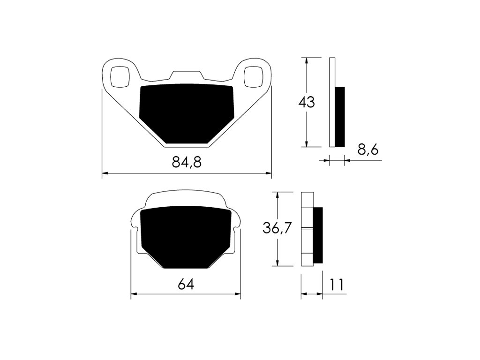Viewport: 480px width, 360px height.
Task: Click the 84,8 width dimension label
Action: pyautogui.click(x=187, y=162)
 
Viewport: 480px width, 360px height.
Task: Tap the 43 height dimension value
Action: pyautogui.click(x=307, y=102)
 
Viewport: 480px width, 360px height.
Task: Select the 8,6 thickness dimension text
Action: pyautogui.click(x=368, y=150)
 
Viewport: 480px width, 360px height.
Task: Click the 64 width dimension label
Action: pyautogui.click(x=186, y=285)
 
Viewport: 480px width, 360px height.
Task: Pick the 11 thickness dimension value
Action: pyautogui.click(x=337, y=285)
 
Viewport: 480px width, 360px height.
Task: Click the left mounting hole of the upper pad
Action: pyautogui.click(x=120, y=76)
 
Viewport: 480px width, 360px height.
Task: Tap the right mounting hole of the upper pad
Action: pyautogui.click(x=253, y=76)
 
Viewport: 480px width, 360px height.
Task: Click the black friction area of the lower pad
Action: pyautogui.click(x=186, y=237)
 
